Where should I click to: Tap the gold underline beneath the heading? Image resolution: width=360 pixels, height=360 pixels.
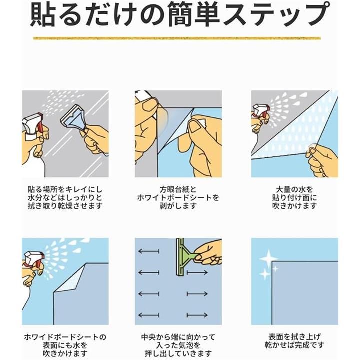(177, 38)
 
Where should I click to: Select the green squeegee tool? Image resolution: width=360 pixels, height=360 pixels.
(184, 257)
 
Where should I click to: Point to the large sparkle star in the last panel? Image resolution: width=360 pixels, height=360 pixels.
(268, 259)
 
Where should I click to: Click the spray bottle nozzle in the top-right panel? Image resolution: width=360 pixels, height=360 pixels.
(261, 109)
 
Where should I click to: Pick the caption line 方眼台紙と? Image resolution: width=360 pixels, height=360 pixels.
(178, 190)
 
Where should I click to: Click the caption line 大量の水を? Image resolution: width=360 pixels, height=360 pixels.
(294, 190)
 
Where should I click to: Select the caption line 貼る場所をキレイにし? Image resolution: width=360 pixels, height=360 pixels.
(65, 190)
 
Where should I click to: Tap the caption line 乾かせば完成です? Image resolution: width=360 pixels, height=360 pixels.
(295, 345)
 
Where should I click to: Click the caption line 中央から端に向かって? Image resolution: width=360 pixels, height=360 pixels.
(178, 337)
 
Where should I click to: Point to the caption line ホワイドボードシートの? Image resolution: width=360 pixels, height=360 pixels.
(65, 337)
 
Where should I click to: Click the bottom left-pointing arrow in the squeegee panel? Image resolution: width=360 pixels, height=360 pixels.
(149, 315)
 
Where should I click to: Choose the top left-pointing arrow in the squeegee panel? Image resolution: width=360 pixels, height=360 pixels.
(149, 251)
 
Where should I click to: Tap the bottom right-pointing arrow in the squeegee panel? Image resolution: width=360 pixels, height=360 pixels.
(197, 315)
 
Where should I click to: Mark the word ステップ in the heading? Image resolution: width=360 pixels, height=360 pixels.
(275, 14)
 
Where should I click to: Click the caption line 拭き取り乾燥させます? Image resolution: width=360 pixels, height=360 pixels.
(65, 206)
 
